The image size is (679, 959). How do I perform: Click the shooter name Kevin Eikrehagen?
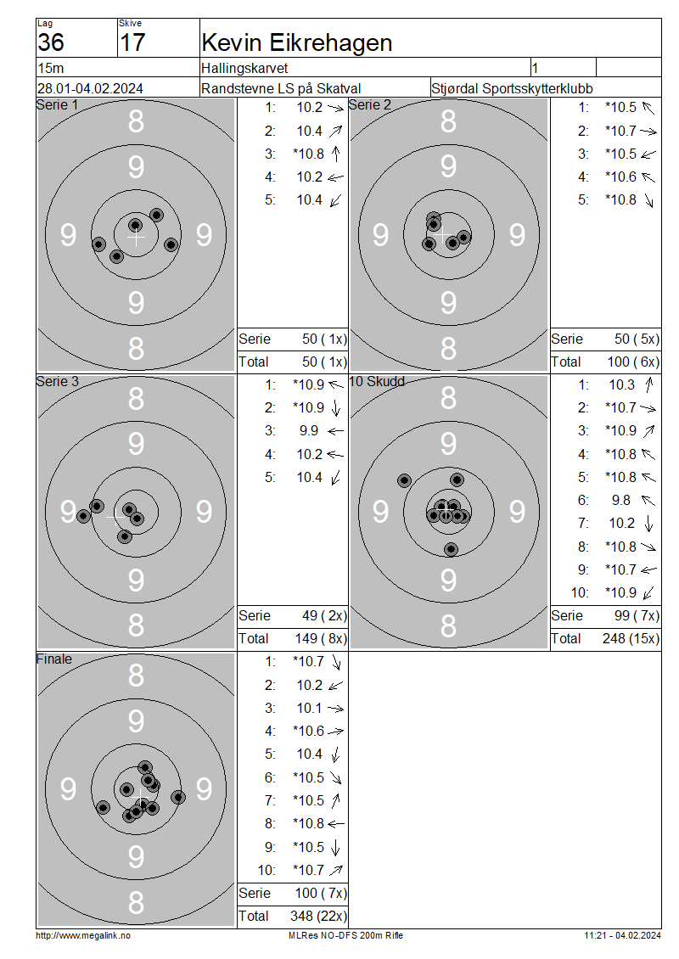(297, 42)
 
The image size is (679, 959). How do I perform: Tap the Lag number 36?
(51, 42)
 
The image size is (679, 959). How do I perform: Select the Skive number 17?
(132, 42)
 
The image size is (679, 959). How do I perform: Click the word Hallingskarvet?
(244, 68)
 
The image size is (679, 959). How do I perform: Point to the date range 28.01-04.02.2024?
(90, 88)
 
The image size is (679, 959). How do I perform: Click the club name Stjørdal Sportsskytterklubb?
(512, 88)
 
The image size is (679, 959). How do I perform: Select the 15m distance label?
(51, 68)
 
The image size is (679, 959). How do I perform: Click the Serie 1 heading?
(58, 105)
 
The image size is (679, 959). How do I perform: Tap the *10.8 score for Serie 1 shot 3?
(308, 154)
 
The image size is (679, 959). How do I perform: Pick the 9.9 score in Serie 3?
(309, 431)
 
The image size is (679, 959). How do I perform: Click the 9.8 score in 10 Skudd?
(621, 501)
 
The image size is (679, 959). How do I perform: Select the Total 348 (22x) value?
(318, 917)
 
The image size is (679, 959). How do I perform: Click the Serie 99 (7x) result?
(637, 616)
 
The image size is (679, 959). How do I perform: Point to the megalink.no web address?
(83, 936)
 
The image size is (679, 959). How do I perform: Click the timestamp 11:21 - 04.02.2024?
(623, 936)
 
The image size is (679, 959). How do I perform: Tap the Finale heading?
(53, 659)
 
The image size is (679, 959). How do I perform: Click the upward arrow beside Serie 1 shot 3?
(336, 154)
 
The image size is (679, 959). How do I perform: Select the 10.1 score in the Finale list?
(310, 709)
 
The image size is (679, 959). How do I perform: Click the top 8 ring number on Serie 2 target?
(448, 121)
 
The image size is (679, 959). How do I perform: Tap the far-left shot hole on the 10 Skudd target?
(404, 480)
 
